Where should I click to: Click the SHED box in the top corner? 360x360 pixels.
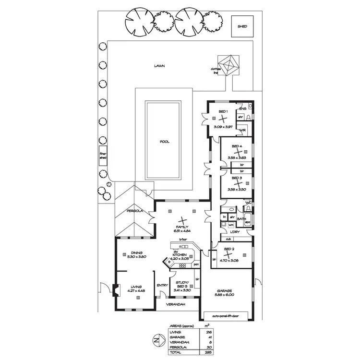coord(242,26)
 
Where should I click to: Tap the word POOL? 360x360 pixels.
coord(165,142)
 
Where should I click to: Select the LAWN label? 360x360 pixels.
coord(159,66)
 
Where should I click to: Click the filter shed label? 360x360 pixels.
coord(103,156)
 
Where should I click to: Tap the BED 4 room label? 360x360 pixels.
coord(237,146)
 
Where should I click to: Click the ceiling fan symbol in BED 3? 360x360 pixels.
coord(237,183)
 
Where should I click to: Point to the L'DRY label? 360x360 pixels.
coord(235,232)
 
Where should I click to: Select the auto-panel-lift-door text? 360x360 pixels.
coord(226,316)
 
